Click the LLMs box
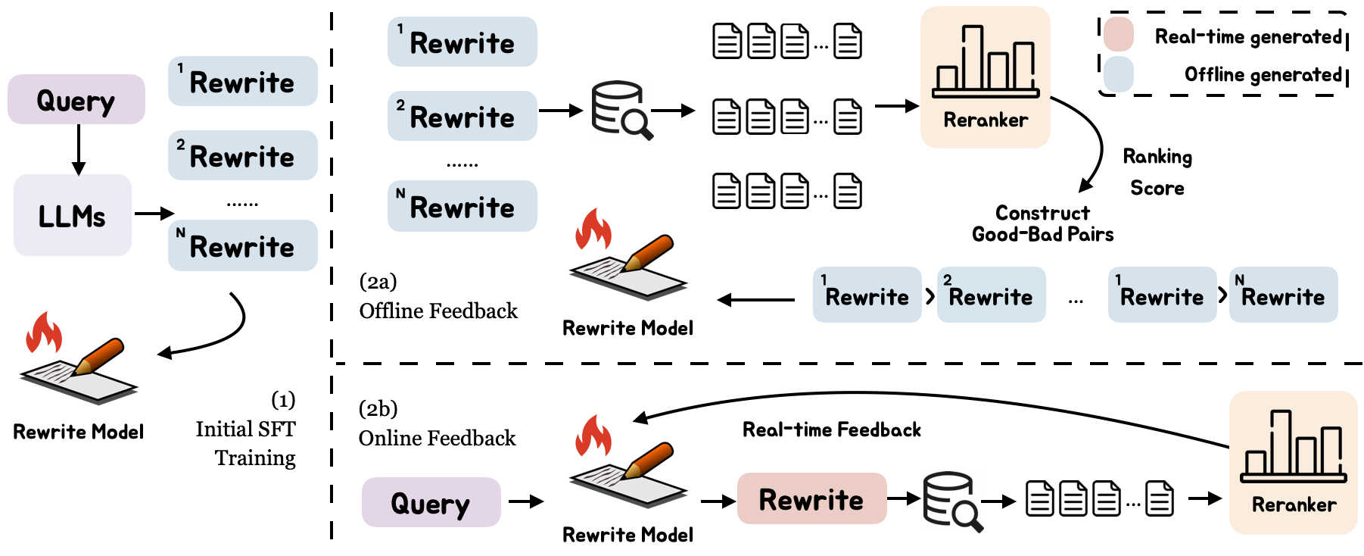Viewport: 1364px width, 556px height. coord(73,215)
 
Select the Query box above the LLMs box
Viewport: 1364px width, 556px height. coord(76,99)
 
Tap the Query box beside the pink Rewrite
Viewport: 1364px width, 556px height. coord(431,502)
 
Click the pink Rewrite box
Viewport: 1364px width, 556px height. coord(811,498)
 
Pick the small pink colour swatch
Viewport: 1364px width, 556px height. coord(1118,34)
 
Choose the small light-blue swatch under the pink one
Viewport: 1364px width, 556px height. coord(1118,74)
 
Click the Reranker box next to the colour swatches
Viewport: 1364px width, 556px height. coord(985,77)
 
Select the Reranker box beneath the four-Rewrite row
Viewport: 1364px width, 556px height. coord(1293,462)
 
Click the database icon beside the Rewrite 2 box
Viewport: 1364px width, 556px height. coord(619,110)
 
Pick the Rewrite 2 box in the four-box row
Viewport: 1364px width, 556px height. coord(991,295)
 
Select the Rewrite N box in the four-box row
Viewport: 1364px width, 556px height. coord(1283,295)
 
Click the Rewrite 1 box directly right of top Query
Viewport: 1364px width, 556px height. coord(242,81)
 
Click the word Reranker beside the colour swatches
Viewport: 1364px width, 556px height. coord(985,120)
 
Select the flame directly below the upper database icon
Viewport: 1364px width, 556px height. coord(593,229)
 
